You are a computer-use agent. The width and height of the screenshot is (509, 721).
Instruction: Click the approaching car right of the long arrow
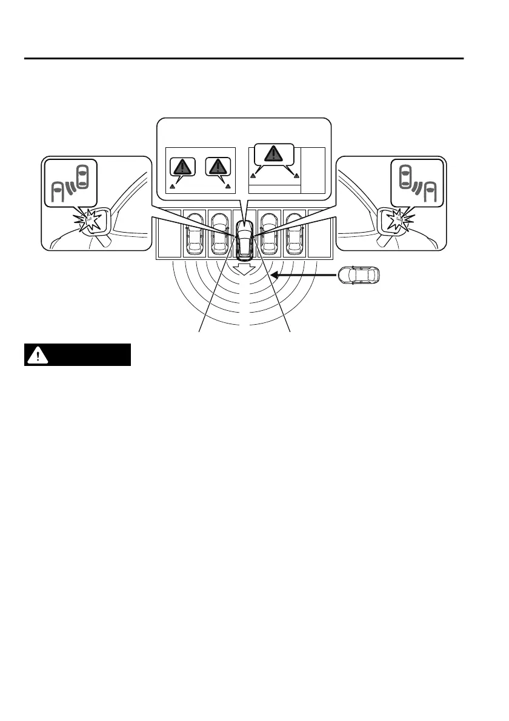(360, 275)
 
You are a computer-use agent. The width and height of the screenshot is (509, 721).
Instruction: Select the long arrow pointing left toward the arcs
(304, 276)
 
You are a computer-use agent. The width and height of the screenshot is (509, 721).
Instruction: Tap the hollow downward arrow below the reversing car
(245, 268)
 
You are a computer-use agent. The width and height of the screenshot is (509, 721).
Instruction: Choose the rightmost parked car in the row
(294, 234)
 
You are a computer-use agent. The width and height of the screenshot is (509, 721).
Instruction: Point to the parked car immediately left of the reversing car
(219, 234)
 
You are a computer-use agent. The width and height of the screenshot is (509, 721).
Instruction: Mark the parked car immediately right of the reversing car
(269, 234)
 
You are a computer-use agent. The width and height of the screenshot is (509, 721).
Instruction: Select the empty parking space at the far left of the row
(168, 234)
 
